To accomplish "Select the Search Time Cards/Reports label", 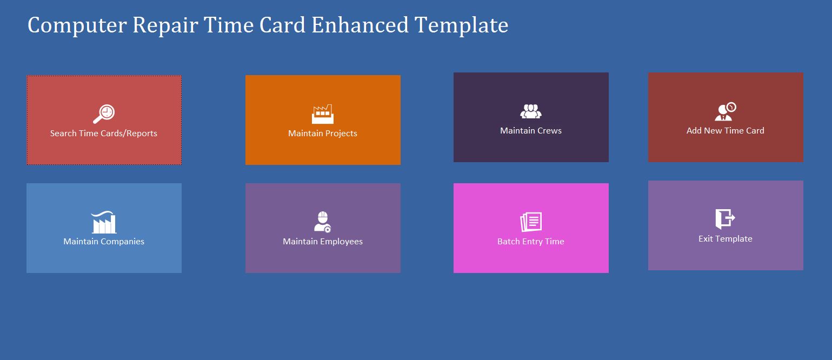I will coord(104,134).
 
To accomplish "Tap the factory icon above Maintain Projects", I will coord(323,114).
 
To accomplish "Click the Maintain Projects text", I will coord(323,134).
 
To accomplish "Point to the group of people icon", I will coord(531,111).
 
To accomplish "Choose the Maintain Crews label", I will coord(531,131).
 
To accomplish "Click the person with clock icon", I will coord(725,111).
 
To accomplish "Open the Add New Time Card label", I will coord(725,131).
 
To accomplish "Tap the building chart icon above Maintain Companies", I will coord(104,222).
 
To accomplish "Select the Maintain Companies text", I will coord(104,242).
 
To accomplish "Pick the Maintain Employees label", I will coord(323,242).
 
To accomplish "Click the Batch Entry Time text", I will coord(531,242).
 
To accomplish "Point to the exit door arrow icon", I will coord(725,219).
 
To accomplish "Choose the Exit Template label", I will coord(725,239).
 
